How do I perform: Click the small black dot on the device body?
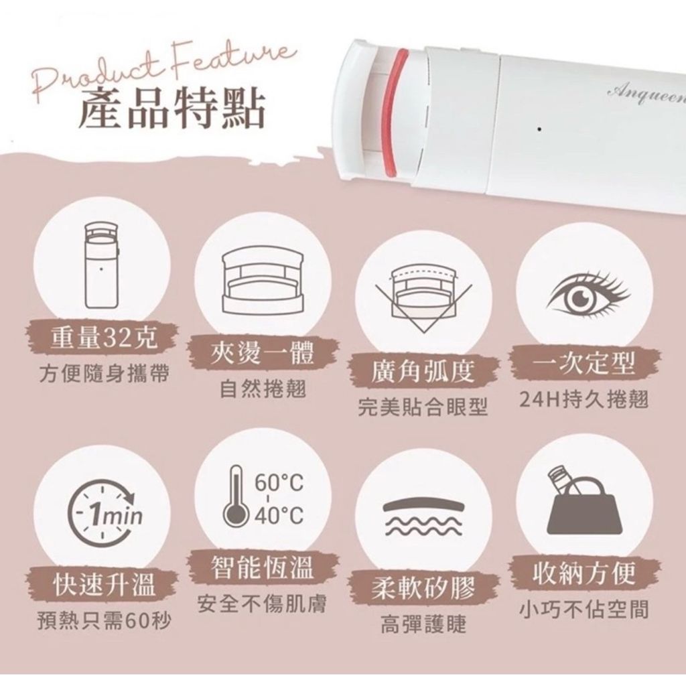coord(539,129)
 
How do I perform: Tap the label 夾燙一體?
coord(263,352)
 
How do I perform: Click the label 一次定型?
coord(584,363)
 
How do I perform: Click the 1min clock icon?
coord(105,514)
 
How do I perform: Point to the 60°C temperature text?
coord(279,482)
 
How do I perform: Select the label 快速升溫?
coord(103,584)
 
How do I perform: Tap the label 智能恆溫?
coord(263,567)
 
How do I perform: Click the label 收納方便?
coord(584,573)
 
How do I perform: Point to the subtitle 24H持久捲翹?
coord(584,399)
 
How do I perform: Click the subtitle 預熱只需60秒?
coord(104,621)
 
